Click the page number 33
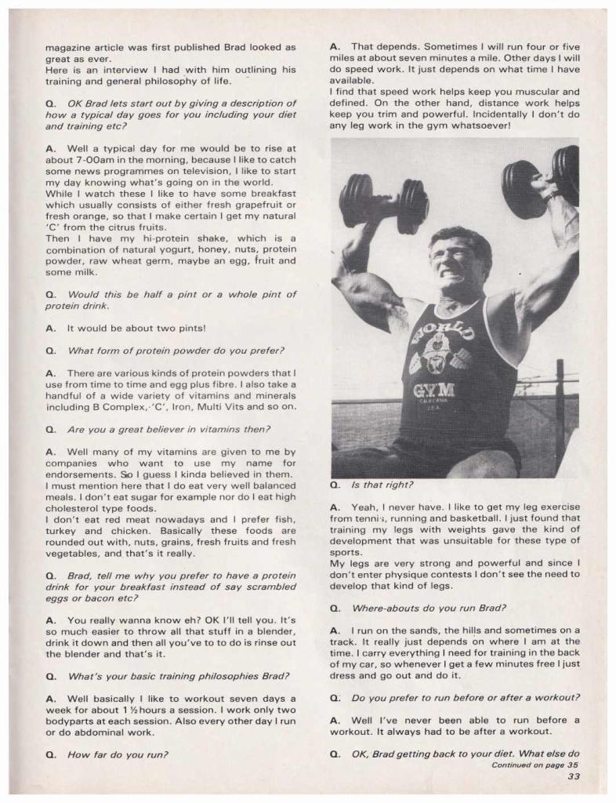pos(573,777)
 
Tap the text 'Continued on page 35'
pos(534,765)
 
